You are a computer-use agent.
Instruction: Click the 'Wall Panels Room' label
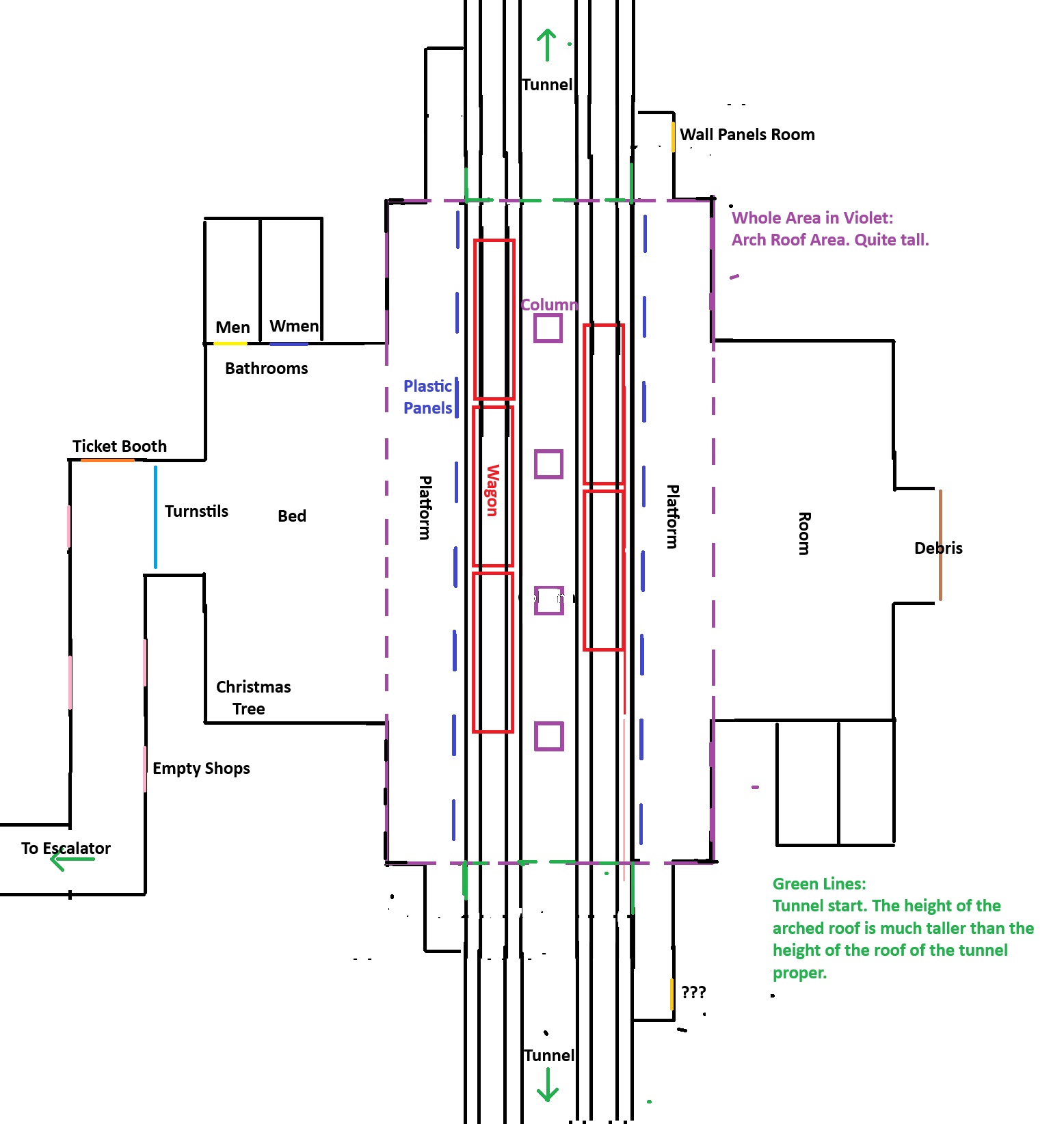tap(747, 135)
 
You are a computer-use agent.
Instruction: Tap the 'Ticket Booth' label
tap(120, 446)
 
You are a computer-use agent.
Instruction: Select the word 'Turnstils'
tap(196, 511)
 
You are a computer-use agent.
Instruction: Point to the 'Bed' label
tap(292, 516)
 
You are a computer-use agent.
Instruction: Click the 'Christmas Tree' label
tap(253, 697)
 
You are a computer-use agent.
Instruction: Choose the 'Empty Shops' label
tap(201, 768)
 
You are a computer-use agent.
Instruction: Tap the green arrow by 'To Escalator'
tap(71, 859)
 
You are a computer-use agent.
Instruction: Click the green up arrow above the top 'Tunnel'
tap(546, 44)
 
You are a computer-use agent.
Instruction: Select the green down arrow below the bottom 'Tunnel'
tap(548, 1085)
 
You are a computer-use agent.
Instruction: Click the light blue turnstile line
tap(156, 517)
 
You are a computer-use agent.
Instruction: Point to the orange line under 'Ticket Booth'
tap(107, 460)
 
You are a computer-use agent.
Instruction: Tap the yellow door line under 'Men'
tap(230, 343)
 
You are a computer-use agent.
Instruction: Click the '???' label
tap(693, 992)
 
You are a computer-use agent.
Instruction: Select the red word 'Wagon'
tap(492, 490)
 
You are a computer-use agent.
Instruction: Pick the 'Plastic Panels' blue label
tap(427, 397)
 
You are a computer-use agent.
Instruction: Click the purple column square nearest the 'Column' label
tap(548, 328)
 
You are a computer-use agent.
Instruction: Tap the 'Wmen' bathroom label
tap(294, 326)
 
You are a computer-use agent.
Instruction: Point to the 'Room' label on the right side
tap(805, 533)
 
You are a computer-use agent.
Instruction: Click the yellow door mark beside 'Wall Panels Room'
tap(673, 137)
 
